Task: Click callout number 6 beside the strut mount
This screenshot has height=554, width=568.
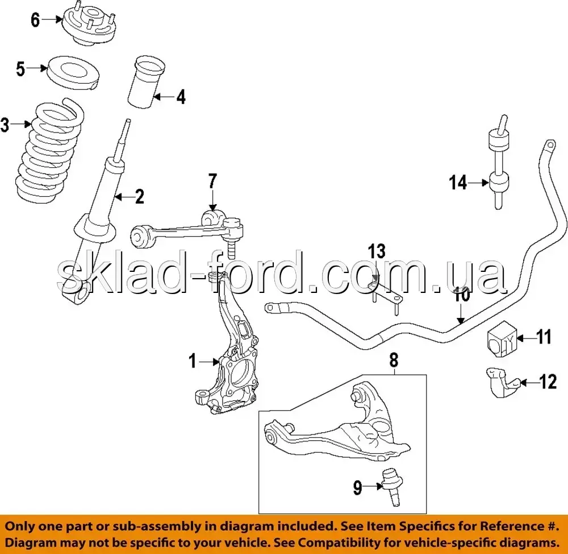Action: pyautogui.click(x=35, y=20)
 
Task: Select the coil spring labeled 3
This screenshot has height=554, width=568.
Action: pyautogui.click(x=50, y=154)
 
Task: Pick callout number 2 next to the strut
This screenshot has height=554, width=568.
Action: pyautogui.click(x=139, y=197)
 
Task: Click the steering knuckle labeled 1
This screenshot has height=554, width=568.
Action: pyautogui.click(x=233, y=364)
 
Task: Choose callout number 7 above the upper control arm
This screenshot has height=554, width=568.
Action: pyautogui.click(x=212, y=182)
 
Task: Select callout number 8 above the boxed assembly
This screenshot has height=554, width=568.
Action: pyautogui.click(x=394, y=359)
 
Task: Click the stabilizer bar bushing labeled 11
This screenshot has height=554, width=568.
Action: pyautogui.click(x=500, y=340)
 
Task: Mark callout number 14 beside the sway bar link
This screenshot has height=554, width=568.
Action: pyautogui.click(x=458, y=183)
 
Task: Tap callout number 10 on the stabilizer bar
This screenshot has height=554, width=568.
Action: pyautogui.click(x=462, y=295)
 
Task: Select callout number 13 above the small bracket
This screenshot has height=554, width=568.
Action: pyautogui.click(x=376, y=251)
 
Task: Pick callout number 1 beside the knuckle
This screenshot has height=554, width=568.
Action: pyautogui.click(x=193, y=361)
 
